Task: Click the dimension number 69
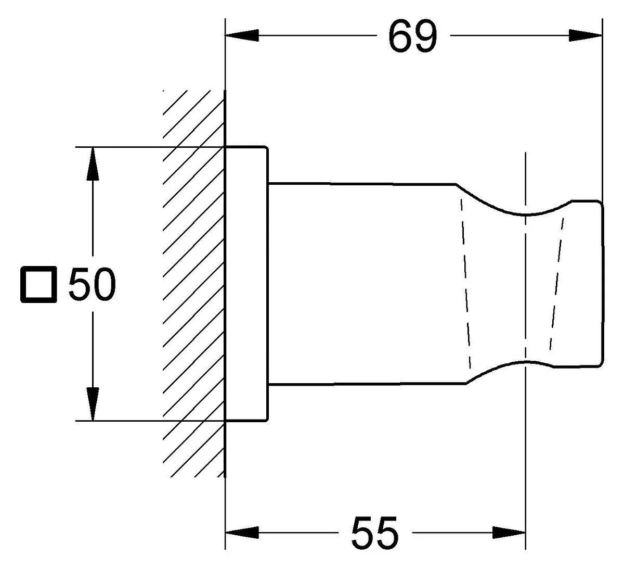tap(413, 36)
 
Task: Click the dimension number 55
tap(375, 533)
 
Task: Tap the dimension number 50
tap(92, 284)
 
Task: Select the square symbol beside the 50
tap(38, 284)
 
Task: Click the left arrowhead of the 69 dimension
tap(242, 35)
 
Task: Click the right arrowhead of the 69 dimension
tap(586, 35)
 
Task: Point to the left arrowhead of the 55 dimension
tap(242, 533)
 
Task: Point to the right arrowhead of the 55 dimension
tap(509, 533)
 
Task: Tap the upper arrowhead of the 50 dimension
tap(93, 164)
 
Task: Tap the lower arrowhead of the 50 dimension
tap(93, 404)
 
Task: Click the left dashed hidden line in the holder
tap(466, 284)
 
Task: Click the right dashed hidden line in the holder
tap(557, 284)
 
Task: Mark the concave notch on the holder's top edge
tap(526, 214)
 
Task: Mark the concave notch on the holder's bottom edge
tap(526, 362)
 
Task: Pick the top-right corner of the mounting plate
tap(267, 147)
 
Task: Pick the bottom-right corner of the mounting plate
tap(267, 421)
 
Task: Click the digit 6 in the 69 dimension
tap(400, 36)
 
